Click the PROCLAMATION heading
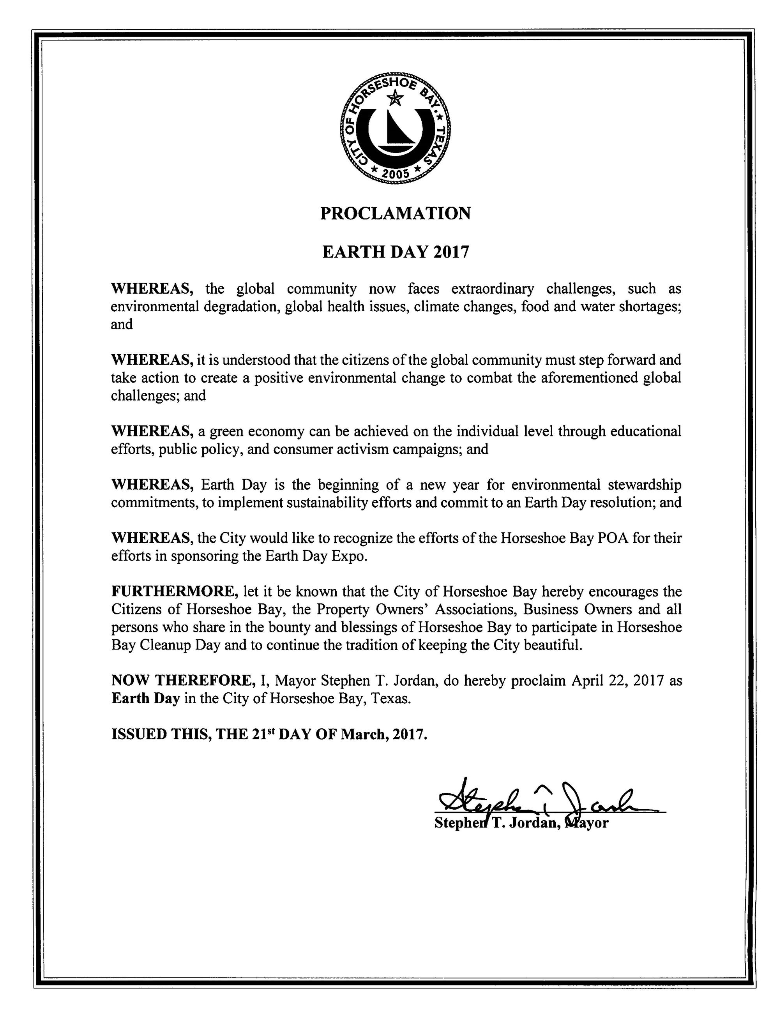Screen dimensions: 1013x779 396,214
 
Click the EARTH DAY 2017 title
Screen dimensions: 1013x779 396,252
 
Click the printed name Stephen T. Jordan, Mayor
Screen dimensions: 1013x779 521,823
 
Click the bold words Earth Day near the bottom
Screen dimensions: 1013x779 145,698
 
